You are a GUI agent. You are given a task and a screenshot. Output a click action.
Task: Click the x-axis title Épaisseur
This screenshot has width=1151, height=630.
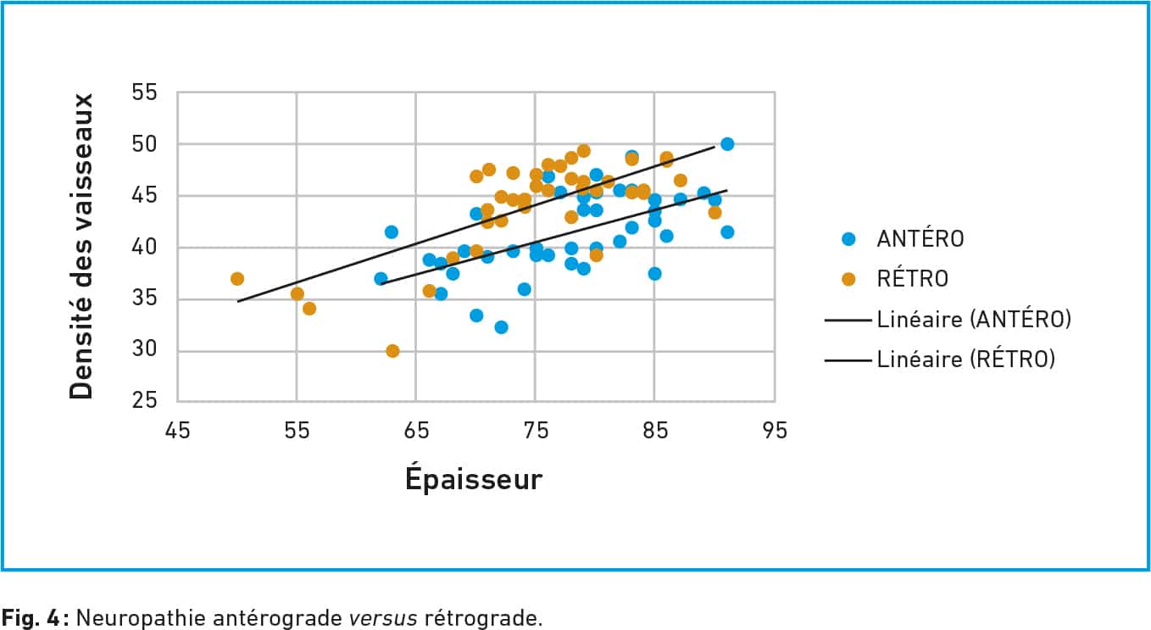click(473, 479)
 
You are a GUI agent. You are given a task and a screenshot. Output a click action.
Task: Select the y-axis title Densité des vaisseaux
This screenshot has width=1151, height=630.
click(81, 246)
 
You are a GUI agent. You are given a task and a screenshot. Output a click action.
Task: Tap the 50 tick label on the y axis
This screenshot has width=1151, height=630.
click(147, 144)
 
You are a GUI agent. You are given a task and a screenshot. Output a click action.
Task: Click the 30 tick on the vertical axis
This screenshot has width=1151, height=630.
click(147, 351)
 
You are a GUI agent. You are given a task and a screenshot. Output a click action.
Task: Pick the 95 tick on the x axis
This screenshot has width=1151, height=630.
click(774, 431)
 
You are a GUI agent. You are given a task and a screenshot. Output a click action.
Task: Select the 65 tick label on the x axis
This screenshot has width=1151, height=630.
click(416, 431)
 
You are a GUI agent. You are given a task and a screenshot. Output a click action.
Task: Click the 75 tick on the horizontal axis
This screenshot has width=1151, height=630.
click(536, 431)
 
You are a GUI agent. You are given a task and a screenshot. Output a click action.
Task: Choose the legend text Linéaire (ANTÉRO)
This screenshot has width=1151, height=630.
click(974, 320)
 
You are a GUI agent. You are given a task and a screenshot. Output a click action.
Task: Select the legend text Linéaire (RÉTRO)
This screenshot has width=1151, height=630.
click(965, 360)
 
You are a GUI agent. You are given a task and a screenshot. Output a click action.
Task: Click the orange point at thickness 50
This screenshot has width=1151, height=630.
click(237, 279)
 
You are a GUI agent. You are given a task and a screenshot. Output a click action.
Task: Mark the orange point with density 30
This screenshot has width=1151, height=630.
click(392, 351)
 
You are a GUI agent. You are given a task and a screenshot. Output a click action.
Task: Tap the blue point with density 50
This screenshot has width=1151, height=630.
click(727, 144)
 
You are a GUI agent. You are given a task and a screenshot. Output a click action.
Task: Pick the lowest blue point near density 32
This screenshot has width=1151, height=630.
click(501, 327)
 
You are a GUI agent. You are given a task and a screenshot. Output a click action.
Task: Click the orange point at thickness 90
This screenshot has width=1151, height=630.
click(715, 212)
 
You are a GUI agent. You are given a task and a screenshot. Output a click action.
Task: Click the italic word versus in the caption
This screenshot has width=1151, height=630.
click(383, 617)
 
